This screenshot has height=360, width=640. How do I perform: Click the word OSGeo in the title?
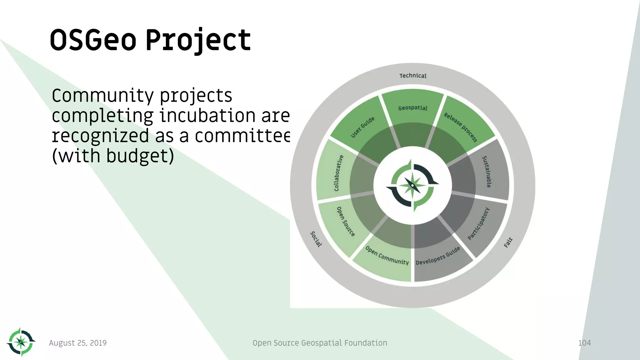pos(93,40)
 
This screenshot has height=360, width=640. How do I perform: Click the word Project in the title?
pos(198,40)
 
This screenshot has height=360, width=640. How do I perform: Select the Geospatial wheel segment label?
pos(412,108)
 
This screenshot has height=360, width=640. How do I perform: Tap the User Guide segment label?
pos(362,127)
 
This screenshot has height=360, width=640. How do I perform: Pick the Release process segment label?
pos(461,127)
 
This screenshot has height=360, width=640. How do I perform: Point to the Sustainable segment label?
pos(487,172)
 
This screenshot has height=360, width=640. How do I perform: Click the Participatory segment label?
pos(478,224)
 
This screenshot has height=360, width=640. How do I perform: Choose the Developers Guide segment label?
pos(438,256)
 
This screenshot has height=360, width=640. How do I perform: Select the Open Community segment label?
pos(387,256)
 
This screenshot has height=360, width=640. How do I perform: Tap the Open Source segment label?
pos(346,222)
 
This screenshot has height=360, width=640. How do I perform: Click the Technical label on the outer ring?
pos(413,76)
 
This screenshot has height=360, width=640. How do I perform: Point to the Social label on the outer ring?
pos(316,239)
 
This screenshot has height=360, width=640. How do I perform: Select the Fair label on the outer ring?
pos(508,242)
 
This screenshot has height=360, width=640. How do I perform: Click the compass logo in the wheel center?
pos(412,186)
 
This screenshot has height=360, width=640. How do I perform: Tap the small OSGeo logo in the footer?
pos(21,342)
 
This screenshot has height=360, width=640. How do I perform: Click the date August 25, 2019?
pos(78,343)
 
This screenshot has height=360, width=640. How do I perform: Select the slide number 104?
pos(584,343)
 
